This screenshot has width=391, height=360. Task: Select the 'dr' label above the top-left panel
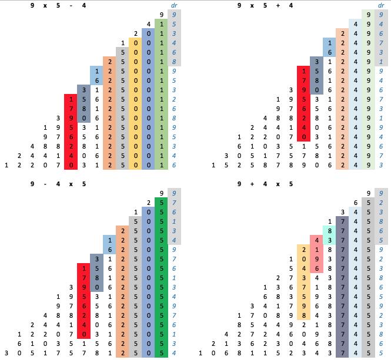(173, 5)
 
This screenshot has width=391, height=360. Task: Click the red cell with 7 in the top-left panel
(71, 109)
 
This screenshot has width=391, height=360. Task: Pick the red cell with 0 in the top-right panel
(303, 137)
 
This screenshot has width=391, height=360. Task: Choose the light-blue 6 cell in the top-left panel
(96, 80)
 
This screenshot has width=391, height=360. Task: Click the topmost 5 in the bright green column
(161, 203)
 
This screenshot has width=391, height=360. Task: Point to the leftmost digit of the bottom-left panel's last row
(6, 353)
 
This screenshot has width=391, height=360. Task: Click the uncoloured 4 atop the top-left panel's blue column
(148, 24)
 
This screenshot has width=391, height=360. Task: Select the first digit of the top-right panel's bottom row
(213, 165)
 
